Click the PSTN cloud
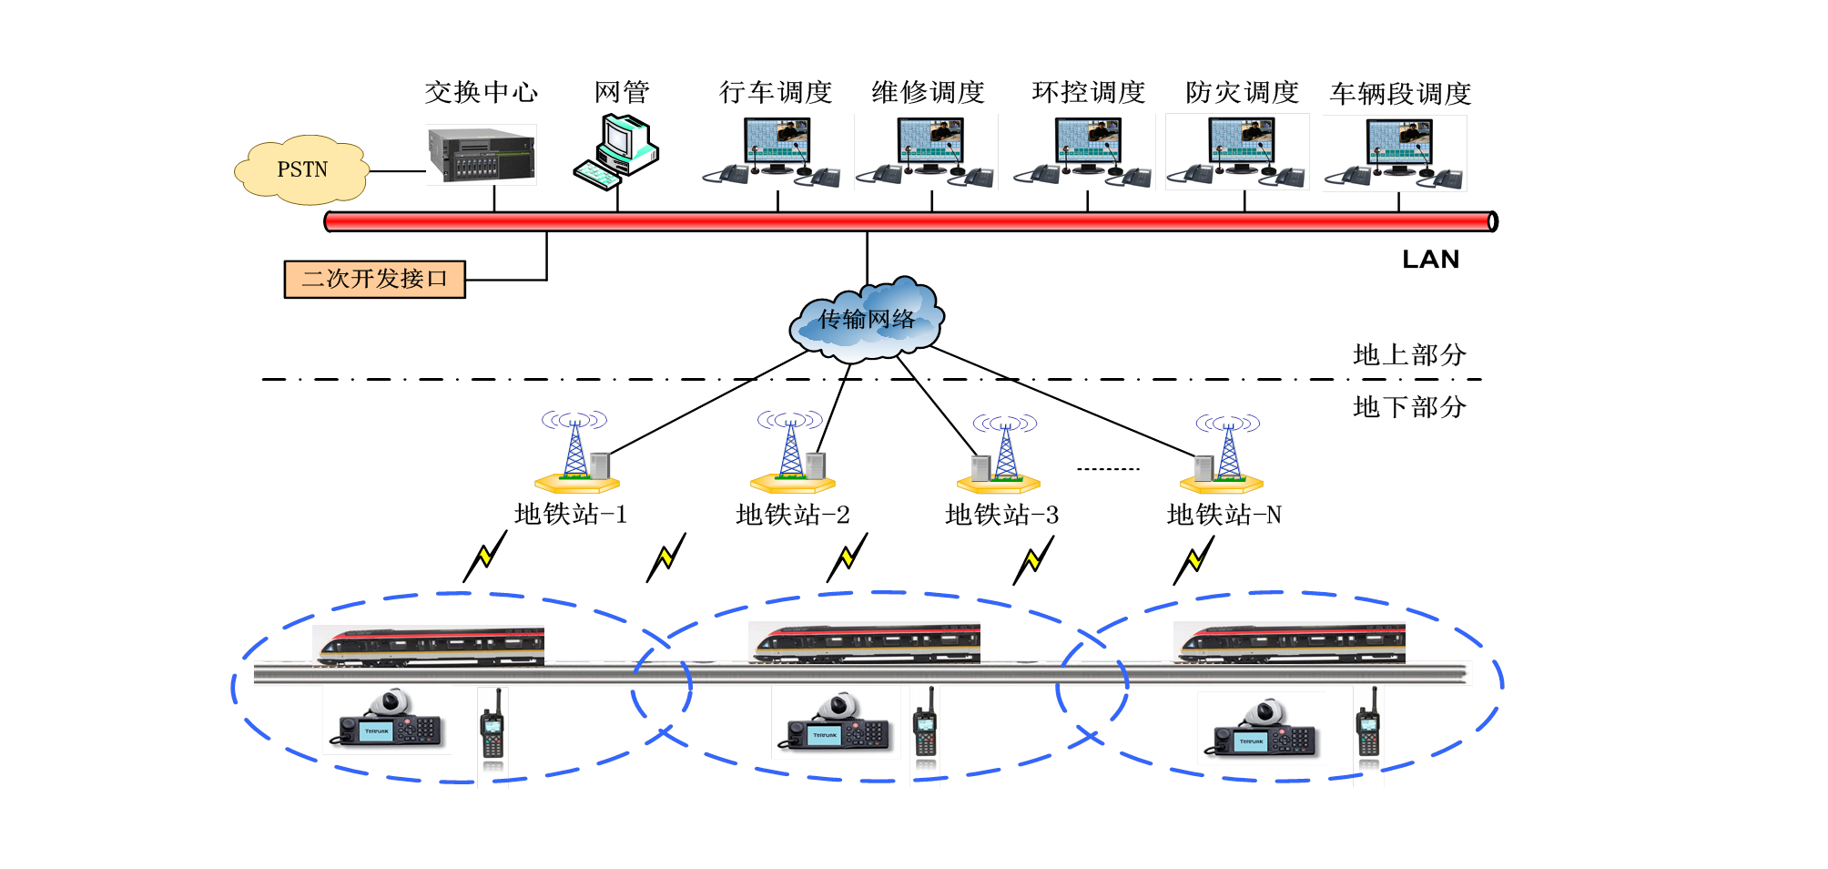pyautogui.click(x=302, y=170)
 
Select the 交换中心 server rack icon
pyautogui.click(x=482, y=155)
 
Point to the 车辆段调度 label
pyautogui.click(x=1400, y=94)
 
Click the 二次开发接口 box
pyautogui.click(x=375, y=280)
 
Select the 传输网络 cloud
pyautogui.click(x=867, y=318)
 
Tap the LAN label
pyautogui.click(x=1430, y=261)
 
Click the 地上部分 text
pyautogui.click(x=1409, y=355)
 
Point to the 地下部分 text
pyautogui.click(x=1409, y=407)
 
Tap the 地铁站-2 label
pyautogui.click(x=792, y=516)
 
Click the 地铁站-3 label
pyautogui.click(x=1001, y=516)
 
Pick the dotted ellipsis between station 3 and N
pyautogui.click(x=1108, y=469)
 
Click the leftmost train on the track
pyautogui.click(x=429, y=646)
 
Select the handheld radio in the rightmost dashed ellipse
pyautogui.click(x=1367, y=724)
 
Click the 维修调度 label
pyautogui.click(x=929, y=93)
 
